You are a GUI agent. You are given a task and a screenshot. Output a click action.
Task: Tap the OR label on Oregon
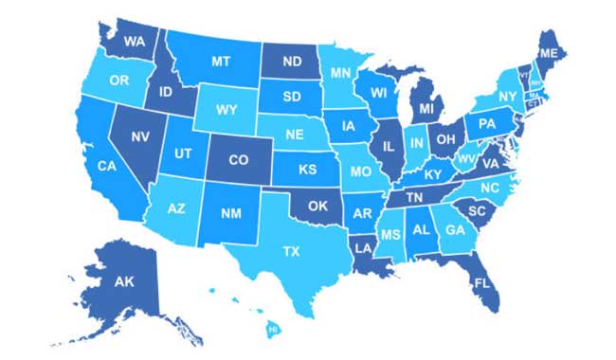coord(119,81)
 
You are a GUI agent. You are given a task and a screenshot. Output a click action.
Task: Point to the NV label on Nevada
coord(141,136)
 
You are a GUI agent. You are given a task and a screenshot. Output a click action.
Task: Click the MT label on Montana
coord(221,61)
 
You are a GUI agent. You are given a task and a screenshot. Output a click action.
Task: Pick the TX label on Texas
coord(291,251)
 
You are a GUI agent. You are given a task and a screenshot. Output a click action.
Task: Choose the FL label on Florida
coord(482,283)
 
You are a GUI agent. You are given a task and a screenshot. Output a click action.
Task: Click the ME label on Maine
coord(548,52)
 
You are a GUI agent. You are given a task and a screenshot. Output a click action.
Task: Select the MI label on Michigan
coord(426,111)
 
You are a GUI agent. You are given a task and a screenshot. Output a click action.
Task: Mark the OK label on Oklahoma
coord(317,206)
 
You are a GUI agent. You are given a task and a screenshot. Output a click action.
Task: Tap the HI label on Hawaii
coord(273,329)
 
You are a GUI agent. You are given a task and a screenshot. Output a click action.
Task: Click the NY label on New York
coord(509,98)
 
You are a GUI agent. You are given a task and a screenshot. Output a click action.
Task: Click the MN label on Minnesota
coord(341,72)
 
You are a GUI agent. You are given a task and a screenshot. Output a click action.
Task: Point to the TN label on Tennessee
coord(414,197)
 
